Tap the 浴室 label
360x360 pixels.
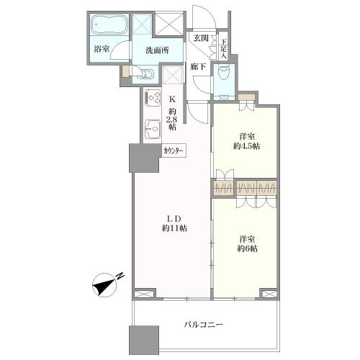[102, 50]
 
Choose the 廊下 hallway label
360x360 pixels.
[199, 67]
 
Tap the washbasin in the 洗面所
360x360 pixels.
[143, 73]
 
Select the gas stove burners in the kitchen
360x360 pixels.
[153, 96]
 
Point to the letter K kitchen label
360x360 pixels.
[172, 100]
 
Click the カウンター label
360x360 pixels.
[174, 151]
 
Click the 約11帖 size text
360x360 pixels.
[174, 228]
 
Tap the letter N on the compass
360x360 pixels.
[120, 276]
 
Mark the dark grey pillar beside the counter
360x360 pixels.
[139, 158]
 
